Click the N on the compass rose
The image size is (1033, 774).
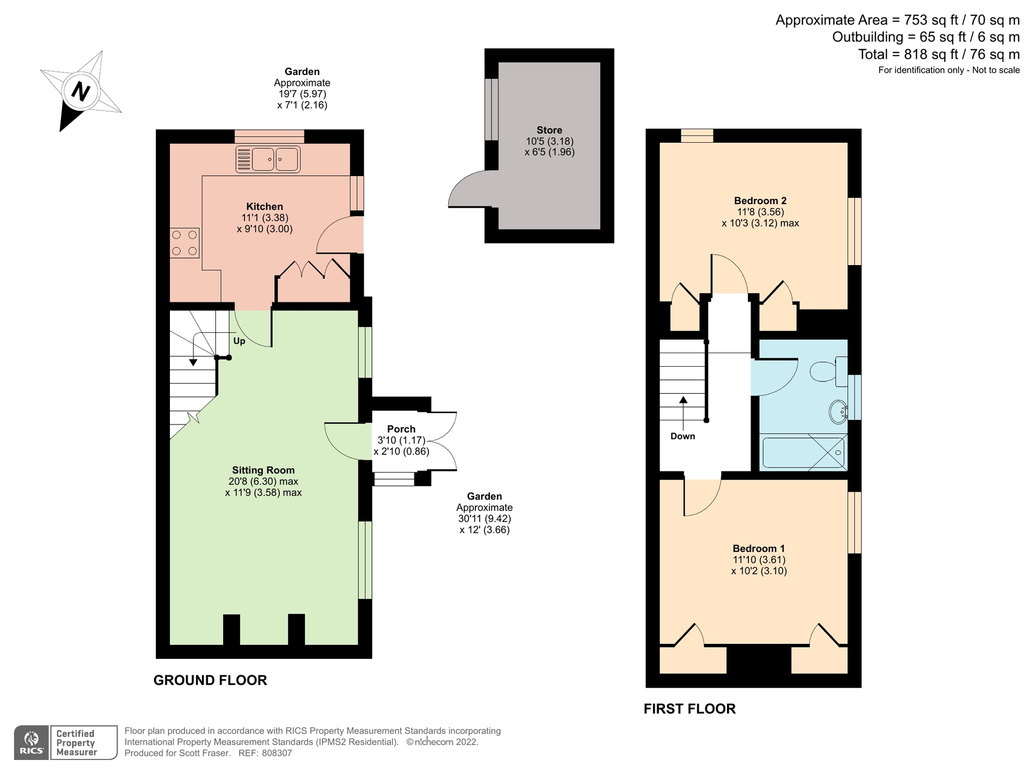point(80,92)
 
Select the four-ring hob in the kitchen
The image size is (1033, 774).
point(185,243)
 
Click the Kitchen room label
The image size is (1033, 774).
point(264,207)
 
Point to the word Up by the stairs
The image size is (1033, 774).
point(239,341)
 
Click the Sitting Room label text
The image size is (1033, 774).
point(263,470)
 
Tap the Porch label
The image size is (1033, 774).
point(401,429)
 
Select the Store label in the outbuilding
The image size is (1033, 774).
point(549,130)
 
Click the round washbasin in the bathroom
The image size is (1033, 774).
point(839,411)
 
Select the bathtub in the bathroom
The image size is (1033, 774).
point(803,453)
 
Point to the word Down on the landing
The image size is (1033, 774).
point(683,436)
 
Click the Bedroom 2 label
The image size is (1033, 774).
point(760,201)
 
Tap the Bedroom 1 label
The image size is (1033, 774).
point(758,548)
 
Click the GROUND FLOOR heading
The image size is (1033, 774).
point(210,680)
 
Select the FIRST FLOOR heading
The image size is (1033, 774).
point(690,709)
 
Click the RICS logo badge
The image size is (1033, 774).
point(32,742)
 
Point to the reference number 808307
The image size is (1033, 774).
point(277,753)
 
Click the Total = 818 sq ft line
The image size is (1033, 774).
point(938,54)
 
